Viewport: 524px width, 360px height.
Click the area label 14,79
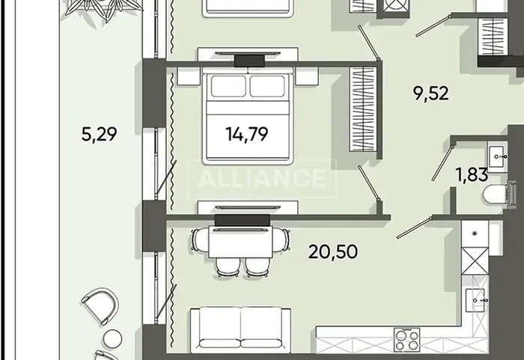pyautogui.click(x=246, y=135)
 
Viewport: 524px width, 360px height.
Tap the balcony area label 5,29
pyautogui.click(x=99, y=134)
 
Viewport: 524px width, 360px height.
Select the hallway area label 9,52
pyautogui.click(x=430, y=93)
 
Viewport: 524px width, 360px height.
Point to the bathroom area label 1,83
pyautogui.click(x=472, y=174)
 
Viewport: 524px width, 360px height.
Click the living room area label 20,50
pyautogui.click(x=333, y=251)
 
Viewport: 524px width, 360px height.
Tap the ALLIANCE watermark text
pyautogui.click(x=262, y=177)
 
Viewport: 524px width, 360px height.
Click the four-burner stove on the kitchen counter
pyautogui.click(x=406, y=340)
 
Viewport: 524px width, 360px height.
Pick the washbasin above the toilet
pyautogui.click(x=497, y=156)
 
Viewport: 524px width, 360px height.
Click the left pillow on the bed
pyautogui.click(x=228, y=86)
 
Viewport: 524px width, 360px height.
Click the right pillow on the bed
pyautogui.click(x=267, y=86)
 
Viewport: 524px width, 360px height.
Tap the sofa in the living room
pyautogui.click(x=240, y=329)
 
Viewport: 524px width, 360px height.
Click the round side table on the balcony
pyautogui.click(x=112, y=339)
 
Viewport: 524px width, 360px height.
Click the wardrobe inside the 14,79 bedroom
pyautogui.click(x=362, y=109)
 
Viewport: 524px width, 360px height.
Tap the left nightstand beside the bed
pyautogui.click(x=189, y=76)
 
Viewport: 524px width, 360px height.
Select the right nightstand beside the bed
pyautogui.click(x=306, y=76)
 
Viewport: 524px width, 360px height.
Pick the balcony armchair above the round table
pyautogui.click(x=100, y=305)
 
